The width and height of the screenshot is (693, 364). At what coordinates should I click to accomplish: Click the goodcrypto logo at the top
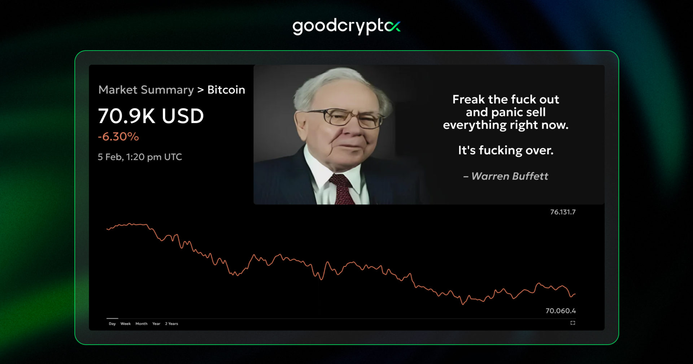tap(346, 26)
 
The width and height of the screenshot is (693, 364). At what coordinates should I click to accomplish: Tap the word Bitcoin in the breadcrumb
tap(226, 90)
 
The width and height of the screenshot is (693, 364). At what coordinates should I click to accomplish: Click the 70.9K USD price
tap(151, 116)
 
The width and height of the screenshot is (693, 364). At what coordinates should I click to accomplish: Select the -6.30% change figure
tap(118, 136)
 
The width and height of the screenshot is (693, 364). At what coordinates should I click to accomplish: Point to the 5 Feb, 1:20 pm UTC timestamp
tap(140, 157)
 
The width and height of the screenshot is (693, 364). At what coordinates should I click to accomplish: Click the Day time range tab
tap(112, 324)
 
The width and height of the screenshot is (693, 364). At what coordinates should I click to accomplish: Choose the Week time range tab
tap(126, 324)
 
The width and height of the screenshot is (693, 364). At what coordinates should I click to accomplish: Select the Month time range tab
tap(141, 324)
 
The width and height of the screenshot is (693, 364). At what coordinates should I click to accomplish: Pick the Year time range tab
tap(156, 324)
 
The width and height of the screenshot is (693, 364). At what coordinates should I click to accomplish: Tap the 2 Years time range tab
tap(171, 324)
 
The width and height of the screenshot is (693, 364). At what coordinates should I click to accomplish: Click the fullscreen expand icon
tap(573, 323)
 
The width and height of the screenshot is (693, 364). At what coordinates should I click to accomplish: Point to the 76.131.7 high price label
tap(563, 212)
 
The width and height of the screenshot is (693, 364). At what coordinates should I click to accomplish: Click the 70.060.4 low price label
tap(561, 311)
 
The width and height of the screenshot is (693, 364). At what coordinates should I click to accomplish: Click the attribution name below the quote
tap(510, 176)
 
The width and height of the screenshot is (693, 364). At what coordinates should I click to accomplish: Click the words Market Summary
tap(146, 90)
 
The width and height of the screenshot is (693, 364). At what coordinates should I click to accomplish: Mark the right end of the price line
tap(575, 294)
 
